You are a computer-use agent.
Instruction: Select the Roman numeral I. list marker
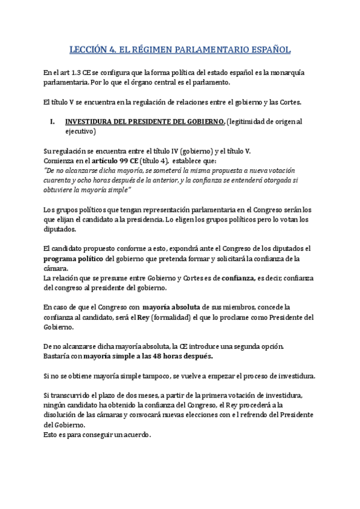tap(52, 122)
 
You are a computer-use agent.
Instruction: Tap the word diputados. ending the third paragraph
tap(60, 229)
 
